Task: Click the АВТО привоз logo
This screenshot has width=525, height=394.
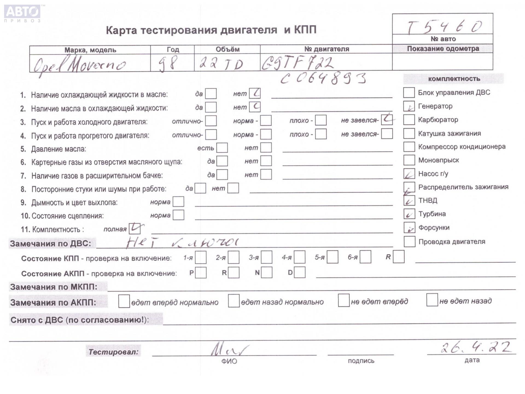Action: (22, 13)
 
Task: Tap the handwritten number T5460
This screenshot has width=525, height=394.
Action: (444, 27)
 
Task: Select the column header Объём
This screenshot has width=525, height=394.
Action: (227, 49)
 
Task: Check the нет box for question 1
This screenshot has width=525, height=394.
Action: (255, 93)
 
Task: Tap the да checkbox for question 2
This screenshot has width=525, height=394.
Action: (211, 107)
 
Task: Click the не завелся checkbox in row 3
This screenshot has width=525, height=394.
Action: (387, 120)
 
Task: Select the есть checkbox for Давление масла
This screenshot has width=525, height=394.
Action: (222, 148)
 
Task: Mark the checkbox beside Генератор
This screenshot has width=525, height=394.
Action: (409, 106)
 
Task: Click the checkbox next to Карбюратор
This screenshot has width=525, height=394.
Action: (409, 120)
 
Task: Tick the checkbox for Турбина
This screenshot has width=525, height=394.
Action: (409, 214)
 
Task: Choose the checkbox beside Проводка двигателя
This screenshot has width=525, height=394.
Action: (410, 242)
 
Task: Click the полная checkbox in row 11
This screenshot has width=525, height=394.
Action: (135, 228)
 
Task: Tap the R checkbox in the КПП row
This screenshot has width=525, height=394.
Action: (399, 257)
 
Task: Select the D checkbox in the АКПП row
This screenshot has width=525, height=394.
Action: (300, 273)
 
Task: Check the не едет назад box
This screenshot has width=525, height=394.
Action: (432, 300)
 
